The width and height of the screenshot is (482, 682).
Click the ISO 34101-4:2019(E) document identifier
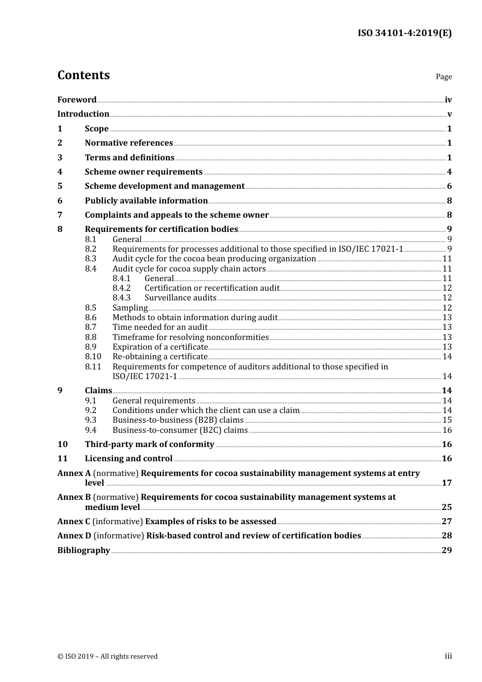404,33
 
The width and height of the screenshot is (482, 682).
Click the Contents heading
83,75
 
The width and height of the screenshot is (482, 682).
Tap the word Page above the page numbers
443,77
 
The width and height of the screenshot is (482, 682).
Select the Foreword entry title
77,100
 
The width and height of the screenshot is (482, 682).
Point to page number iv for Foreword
448,100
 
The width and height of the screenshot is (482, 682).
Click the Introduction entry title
83,114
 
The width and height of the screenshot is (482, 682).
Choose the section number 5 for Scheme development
60,186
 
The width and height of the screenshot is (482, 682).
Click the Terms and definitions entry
129,158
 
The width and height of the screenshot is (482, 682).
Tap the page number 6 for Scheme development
449,186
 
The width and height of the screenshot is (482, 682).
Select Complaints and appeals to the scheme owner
177,215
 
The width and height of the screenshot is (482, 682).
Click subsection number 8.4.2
121,288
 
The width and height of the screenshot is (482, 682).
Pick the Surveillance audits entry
180,298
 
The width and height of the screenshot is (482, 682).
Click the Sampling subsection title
130,308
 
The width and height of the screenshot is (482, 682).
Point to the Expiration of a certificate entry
160,347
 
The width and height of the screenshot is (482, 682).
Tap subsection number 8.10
93,357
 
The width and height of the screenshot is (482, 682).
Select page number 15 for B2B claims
447,420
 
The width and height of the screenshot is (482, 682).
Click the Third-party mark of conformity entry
149,445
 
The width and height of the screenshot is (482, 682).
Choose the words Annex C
74,522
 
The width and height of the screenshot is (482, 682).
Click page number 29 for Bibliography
446,551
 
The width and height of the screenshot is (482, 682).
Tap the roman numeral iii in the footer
448,656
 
